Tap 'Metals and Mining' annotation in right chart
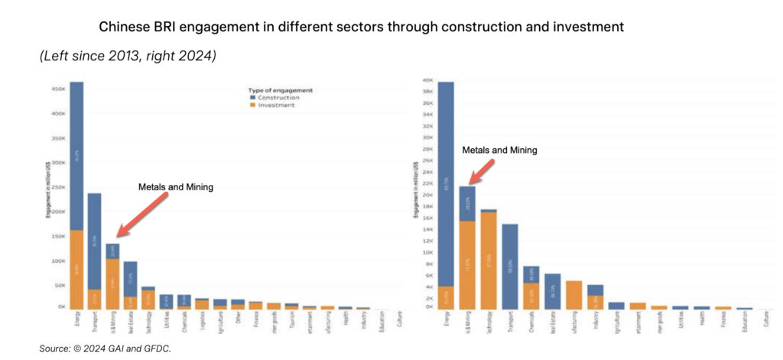500,150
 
